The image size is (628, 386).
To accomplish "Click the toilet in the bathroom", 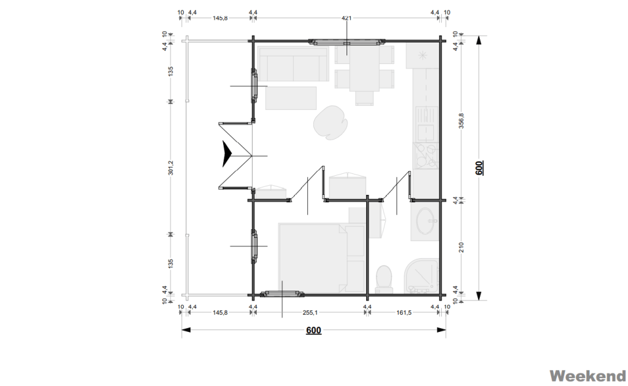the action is point(384,278).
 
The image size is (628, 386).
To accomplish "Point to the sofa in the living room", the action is point(293,65).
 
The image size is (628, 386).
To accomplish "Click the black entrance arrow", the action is point(227,154).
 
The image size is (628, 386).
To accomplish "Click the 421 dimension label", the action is point(347,18).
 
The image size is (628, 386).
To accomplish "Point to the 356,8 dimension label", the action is point(461,120).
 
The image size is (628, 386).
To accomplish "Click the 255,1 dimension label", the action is point(310,312).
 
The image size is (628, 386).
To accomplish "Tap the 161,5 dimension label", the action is point(404,312).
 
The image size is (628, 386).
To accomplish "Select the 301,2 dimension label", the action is point(171,167).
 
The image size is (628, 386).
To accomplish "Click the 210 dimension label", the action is point(461,247).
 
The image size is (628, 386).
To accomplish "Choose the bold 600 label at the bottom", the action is point(313,330).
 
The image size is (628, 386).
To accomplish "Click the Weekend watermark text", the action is point(587,376).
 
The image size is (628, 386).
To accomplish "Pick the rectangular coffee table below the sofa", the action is point(291,98).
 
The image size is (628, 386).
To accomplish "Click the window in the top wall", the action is point(347,42).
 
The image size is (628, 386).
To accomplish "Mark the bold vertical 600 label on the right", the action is point(479,167).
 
